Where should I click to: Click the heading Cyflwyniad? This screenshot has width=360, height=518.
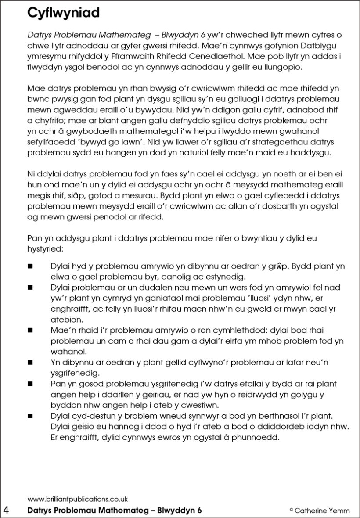click(63, 13)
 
